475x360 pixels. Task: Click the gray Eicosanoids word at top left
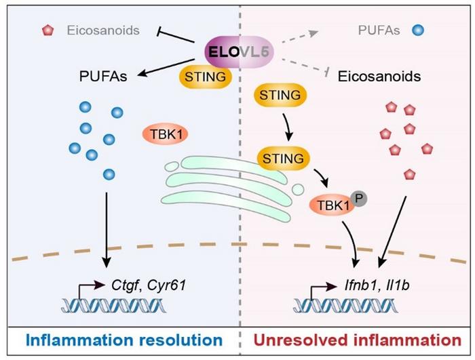click(103, 31)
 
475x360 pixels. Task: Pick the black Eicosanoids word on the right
click(385, 77)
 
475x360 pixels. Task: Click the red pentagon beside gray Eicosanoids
click(47, 31)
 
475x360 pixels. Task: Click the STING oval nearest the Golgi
click(280, 159)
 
